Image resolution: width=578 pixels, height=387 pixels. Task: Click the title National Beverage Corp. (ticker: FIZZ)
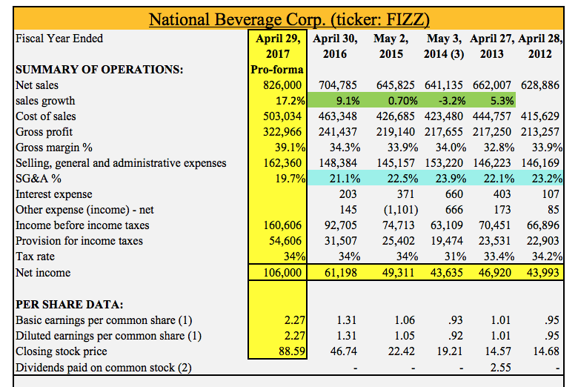[290, 17]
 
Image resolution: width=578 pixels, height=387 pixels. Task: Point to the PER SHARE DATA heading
[70, 305]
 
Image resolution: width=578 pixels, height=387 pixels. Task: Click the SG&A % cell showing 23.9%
[448, 179]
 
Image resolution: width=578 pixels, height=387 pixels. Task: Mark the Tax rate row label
[35, 257]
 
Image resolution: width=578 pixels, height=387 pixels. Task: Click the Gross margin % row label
[54, 148]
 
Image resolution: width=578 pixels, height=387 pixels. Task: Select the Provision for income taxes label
[79, 241]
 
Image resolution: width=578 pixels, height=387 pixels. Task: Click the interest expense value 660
[454, 194]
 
